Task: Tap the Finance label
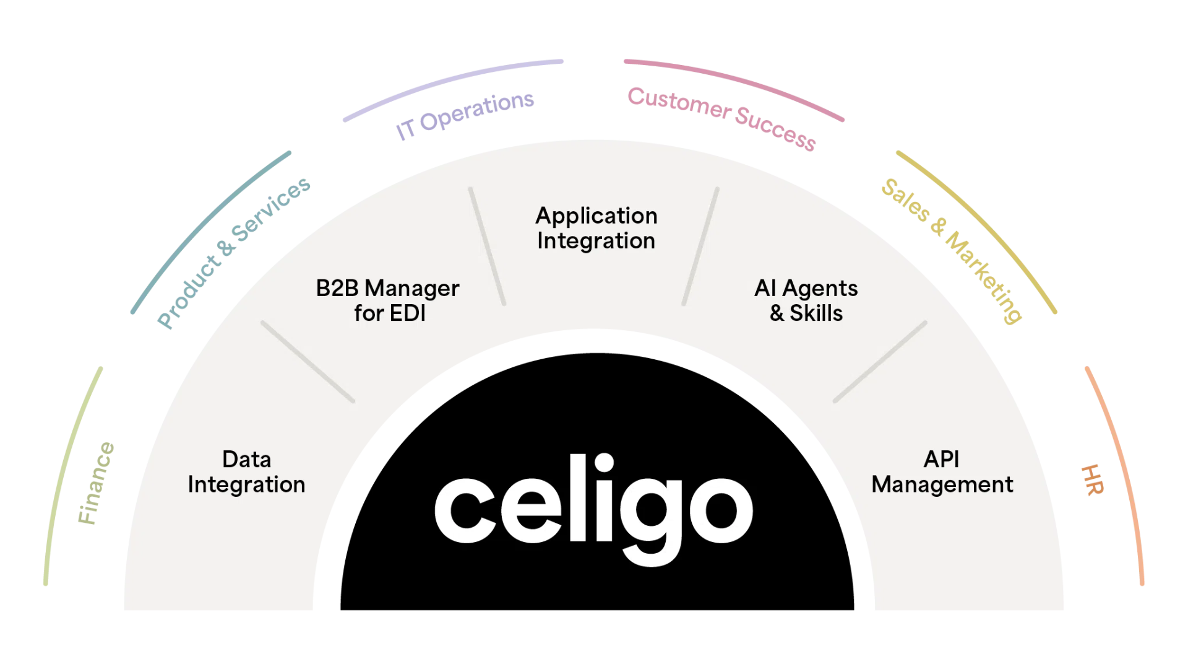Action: click(96, 483)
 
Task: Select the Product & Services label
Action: click(233, 252)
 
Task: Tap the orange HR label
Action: click(1092, 479)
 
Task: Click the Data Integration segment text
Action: click(246, 472)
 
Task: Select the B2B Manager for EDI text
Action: click(388, 300)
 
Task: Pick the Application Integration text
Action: click(596, 228)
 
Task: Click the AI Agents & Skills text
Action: click(806, 300)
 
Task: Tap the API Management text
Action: click(942, 472)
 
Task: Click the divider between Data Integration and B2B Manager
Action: click(308, 362)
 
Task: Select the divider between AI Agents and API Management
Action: click(880, 362)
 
